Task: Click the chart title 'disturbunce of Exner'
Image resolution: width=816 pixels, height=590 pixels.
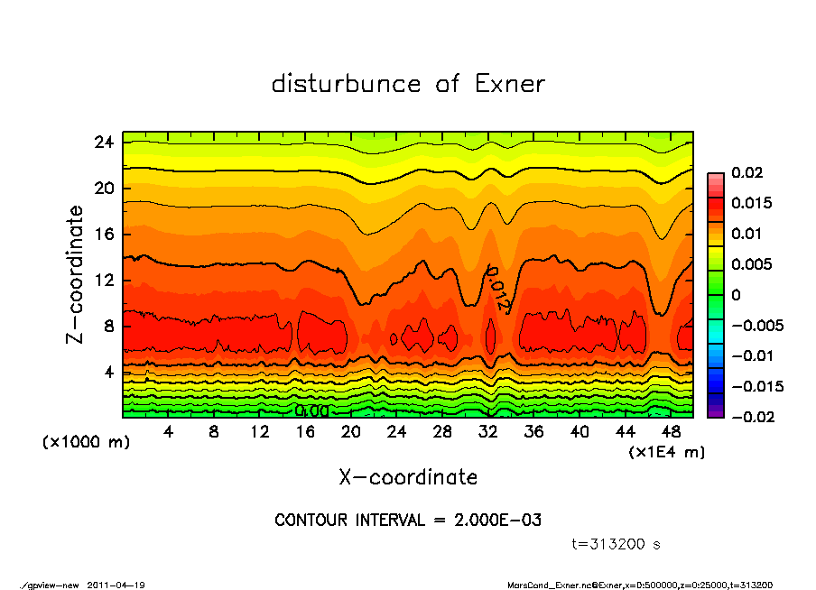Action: (408, 84)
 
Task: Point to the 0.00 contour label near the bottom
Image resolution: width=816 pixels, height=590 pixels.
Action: (311, 410)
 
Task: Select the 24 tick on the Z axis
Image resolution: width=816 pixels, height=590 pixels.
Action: (104, 143)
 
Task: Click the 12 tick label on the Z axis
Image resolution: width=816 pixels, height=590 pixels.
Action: (104, 280)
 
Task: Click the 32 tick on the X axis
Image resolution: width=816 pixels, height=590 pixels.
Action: (488, 432)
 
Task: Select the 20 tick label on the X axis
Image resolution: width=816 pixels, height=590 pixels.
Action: (351, 432)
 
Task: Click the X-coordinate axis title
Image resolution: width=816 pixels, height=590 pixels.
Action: (408, 477)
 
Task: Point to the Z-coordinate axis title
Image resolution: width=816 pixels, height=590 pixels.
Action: (76, 274)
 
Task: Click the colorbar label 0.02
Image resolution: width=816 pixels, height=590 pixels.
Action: (748, 172)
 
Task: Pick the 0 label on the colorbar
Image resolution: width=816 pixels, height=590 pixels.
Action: (736, 295)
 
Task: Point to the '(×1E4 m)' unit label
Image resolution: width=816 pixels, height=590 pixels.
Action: (666, 451)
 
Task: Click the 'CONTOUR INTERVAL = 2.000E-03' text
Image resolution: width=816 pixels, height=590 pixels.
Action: (408, 521)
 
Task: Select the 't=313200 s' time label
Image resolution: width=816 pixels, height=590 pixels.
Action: (617, 544)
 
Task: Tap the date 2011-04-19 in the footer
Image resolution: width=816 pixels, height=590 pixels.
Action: (116, 585)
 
